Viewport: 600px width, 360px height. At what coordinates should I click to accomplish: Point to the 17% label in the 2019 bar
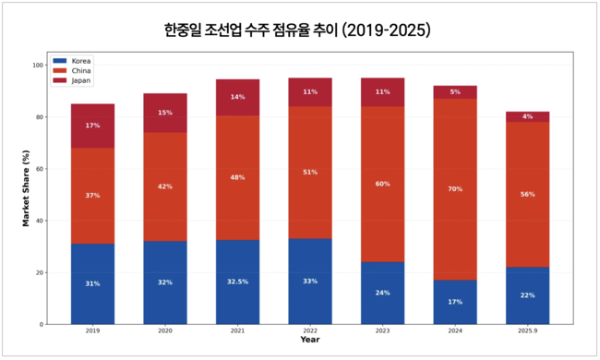92,126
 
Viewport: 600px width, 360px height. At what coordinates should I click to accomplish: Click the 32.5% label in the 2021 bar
237,282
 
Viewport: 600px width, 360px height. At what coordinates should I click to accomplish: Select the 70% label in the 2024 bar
454,189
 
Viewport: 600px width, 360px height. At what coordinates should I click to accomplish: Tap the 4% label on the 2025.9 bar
527,116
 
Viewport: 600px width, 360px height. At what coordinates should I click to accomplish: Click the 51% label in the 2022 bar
310,172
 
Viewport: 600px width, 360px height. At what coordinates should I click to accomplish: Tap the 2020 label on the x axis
164,330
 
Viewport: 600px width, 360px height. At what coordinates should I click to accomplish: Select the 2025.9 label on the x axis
527,330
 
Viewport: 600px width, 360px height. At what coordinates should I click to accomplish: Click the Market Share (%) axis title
26,194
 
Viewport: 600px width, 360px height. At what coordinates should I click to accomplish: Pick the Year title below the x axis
309,340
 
